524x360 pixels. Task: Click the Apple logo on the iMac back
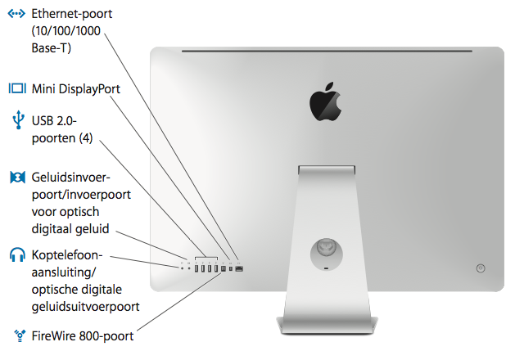324,101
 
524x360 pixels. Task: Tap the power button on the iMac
480,267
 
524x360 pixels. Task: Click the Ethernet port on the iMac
239,268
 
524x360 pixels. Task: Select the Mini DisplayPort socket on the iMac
231,268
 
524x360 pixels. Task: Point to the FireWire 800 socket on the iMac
224,268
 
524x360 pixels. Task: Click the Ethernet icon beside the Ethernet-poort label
16,15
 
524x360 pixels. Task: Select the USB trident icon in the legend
16,121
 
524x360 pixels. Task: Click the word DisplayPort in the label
89,88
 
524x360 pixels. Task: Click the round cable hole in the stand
325,246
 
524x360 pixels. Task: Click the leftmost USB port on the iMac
197,268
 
